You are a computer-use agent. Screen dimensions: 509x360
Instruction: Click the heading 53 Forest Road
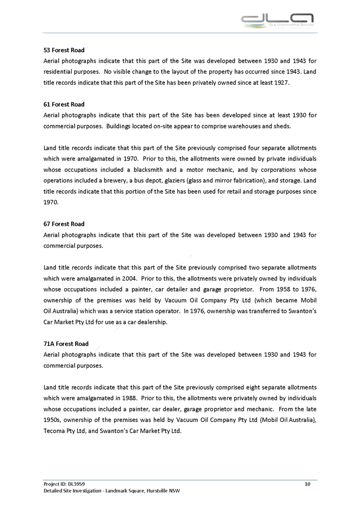[64, 50]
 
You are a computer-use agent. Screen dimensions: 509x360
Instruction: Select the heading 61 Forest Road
[64, 105]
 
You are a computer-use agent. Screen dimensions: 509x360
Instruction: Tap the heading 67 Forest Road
[64, 224]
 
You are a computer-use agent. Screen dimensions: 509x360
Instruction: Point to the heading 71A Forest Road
[66, 343]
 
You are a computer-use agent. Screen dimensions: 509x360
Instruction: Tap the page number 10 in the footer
[307, 484]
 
